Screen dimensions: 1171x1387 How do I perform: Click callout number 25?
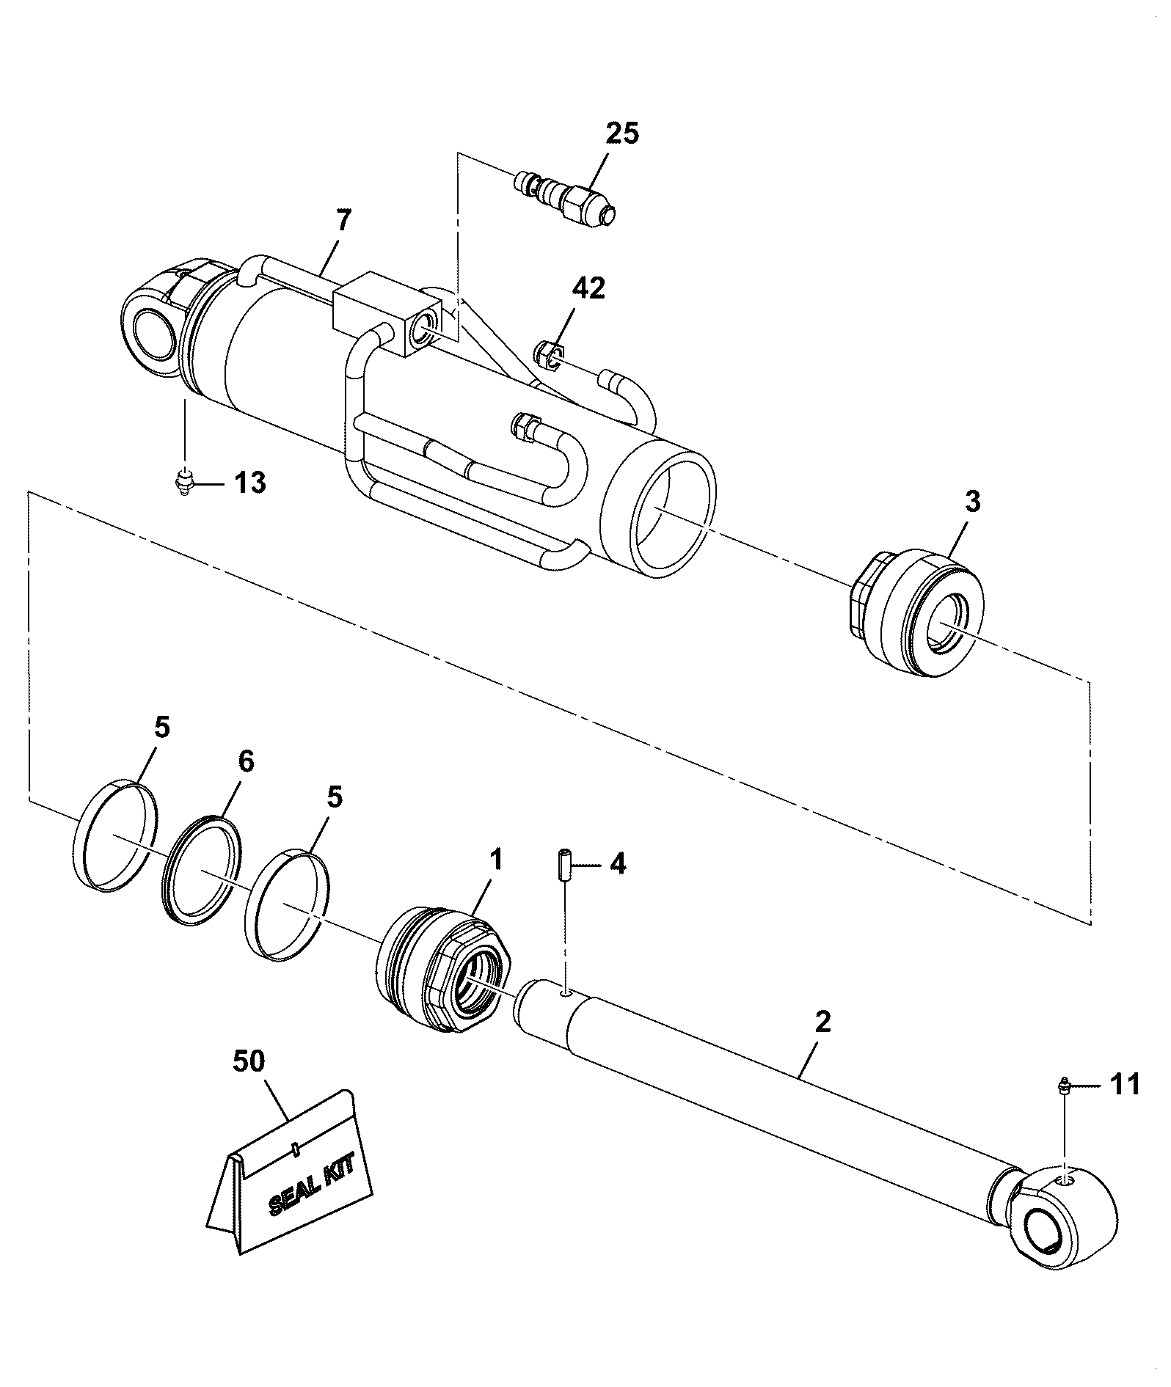pyautogui.click(x=622, y=134)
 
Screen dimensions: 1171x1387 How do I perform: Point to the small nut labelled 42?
pyautogui.click(x=549, y=352)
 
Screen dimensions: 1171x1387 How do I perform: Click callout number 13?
pyautogui.click(x=249, y=483)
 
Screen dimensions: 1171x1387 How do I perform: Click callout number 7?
pyautogui.click(x=343, y=220)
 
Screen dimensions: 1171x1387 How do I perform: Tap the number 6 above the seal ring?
pyautogui.click(x=246, y=761)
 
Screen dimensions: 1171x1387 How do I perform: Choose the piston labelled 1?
pyautogui.click(x=443, y=970)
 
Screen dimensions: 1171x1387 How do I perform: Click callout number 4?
pyautogui.click(x=618, y=864)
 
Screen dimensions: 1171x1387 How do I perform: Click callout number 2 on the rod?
pyautogui.click(x=822, y=1022)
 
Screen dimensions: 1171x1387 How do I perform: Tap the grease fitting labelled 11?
pyautogui.click(x=1062, y=1085)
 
